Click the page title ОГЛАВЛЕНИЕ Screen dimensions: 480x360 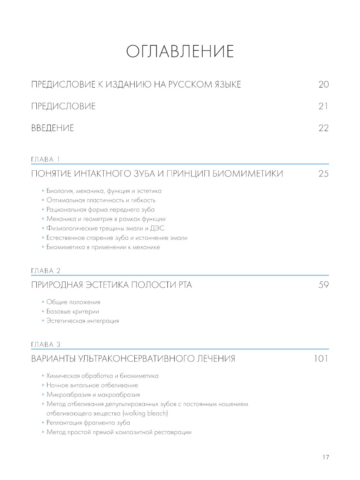pos(180,51)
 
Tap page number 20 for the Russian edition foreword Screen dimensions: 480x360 pos(323,85)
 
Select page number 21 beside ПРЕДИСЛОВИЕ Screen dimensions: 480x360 pos(323,106)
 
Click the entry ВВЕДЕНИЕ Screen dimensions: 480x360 pos(53,128)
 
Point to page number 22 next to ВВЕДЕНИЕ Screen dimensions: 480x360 pos(323,128)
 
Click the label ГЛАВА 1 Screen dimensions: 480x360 pos(46,160)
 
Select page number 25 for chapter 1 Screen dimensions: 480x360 pos(323,174)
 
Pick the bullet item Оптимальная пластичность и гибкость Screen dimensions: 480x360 pos(101,200)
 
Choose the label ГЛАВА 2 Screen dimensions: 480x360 pos(46,271)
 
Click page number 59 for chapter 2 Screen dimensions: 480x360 pos(323,285)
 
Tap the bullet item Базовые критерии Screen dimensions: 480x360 pos(73,311)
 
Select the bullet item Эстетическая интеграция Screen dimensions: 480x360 pos(82,321)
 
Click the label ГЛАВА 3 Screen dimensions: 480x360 pos(46,345)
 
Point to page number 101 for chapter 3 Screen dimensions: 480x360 pos(321,359)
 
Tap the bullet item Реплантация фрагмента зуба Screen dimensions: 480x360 pos(88,423)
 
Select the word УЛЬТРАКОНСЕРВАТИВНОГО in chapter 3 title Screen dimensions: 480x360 pos(136,359)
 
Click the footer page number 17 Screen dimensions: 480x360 pos(325,457)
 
